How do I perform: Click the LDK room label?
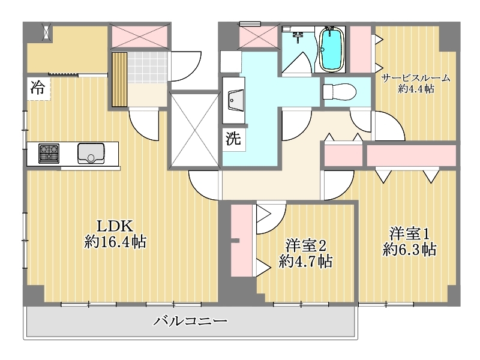[115, 226]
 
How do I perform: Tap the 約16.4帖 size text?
[115, 242]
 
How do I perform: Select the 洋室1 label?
[410, 233]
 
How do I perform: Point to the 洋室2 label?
[305, 245]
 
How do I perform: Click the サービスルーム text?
[416, 78]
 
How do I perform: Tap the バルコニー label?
[190, 321]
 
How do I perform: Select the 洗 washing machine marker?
[233, 139]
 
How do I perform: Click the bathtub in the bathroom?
[331, 49]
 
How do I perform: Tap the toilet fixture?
[340, 91]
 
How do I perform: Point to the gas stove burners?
[49, 154]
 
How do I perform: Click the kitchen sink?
[91, 154]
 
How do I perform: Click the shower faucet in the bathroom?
[297, 37]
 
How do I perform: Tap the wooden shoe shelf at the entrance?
[119, 80]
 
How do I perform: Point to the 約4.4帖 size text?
[416, 89]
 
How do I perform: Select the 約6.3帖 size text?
[410, 250]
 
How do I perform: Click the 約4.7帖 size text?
[305, 262]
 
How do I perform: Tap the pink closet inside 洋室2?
[242, 241]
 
